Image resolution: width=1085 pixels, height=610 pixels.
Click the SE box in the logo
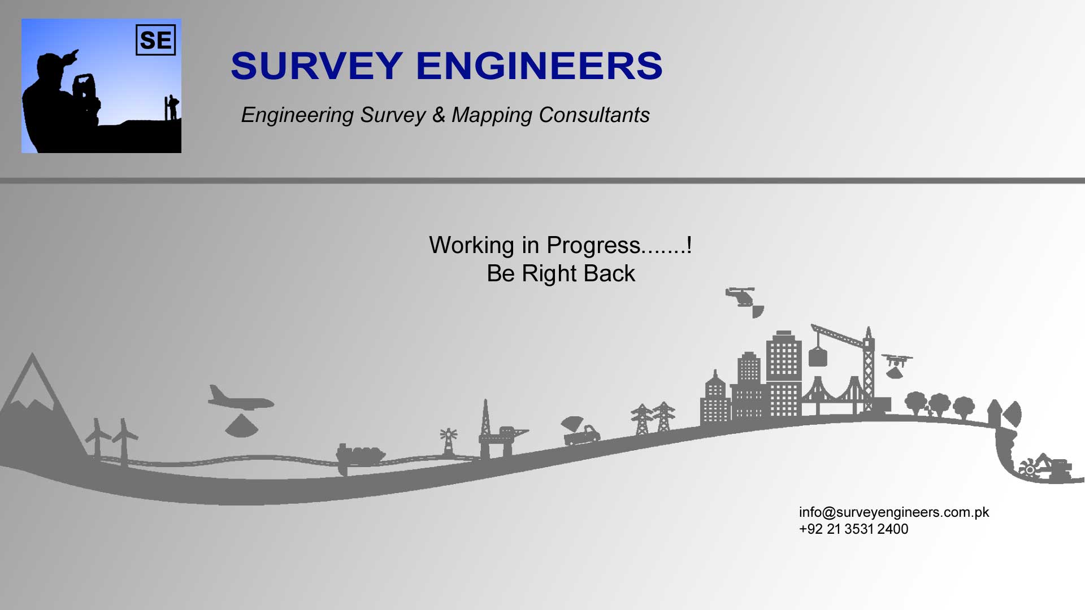tap(155, 40)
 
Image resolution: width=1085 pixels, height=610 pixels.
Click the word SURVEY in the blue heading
tap(317, 66)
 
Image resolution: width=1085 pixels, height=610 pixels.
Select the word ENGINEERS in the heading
tap(539, 66)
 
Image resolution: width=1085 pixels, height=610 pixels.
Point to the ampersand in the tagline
tap(439, 115)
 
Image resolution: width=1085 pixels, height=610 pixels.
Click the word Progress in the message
tap(593, 246)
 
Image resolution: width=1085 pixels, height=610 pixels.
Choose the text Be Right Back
tap(561, 273)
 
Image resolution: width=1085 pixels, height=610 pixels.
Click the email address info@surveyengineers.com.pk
tap(894, 512)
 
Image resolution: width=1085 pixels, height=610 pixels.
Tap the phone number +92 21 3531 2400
tap(853, 529)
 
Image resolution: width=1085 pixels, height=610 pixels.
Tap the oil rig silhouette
tap(497, 432)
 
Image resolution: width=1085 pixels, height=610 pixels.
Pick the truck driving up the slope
tap(582, 435)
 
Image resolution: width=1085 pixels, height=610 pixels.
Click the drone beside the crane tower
tap(897, 360)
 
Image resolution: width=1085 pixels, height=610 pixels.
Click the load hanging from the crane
tap(818, 357)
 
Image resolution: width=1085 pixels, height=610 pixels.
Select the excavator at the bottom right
tap(1045, 468)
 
